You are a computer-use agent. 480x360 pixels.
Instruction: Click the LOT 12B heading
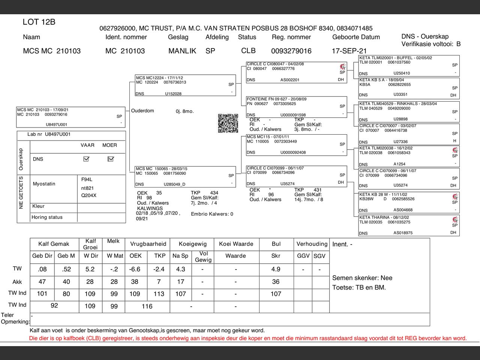pos(39,22)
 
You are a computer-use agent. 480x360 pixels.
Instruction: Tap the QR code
pos(228,123)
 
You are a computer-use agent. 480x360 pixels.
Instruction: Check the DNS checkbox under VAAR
pos(86,159)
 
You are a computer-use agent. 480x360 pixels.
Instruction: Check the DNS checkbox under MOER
pos(110,159)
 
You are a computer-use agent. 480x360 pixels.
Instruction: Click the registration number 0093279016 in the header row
pos(291,51)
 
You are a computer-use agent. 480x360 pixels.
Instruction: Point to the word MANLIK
pos(182,51)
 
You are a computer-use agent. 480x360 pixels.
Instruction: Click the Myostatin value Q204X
pos(89,195)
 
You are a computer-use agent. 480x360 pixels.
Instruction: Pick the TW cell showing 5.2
pos(90,269)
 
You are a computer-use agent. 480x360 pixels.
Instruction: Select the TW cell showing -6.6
pos(135,269)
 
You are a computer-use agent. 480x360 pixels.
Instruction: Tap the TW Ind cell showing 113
pos(159,294)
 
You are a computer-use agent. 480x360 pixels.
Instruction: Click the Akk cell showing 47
pos(42,282)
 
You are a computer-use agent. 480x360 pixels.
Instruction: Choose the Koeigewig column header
pos(193,244)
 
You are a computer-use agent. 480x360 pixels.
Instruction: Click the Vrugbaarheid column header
pos(148,244)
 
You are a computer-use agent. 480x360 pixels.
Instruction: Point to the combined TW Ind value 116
pos(147,306)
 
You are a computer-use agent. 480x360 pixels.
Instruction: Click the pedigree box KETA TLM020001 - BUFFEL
pos(409,66)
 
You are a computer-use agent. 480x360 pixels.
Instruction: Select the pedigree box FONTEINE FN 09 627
pos(296,107)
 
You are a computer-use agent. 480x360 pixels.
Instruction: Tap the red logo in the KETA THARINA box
pos(455,220)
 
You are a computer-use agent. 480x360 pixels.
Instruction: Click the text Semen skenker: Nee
pos(362,278)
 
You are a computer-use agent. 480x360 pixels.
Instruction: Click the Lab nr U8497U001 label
pos(49,134)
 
